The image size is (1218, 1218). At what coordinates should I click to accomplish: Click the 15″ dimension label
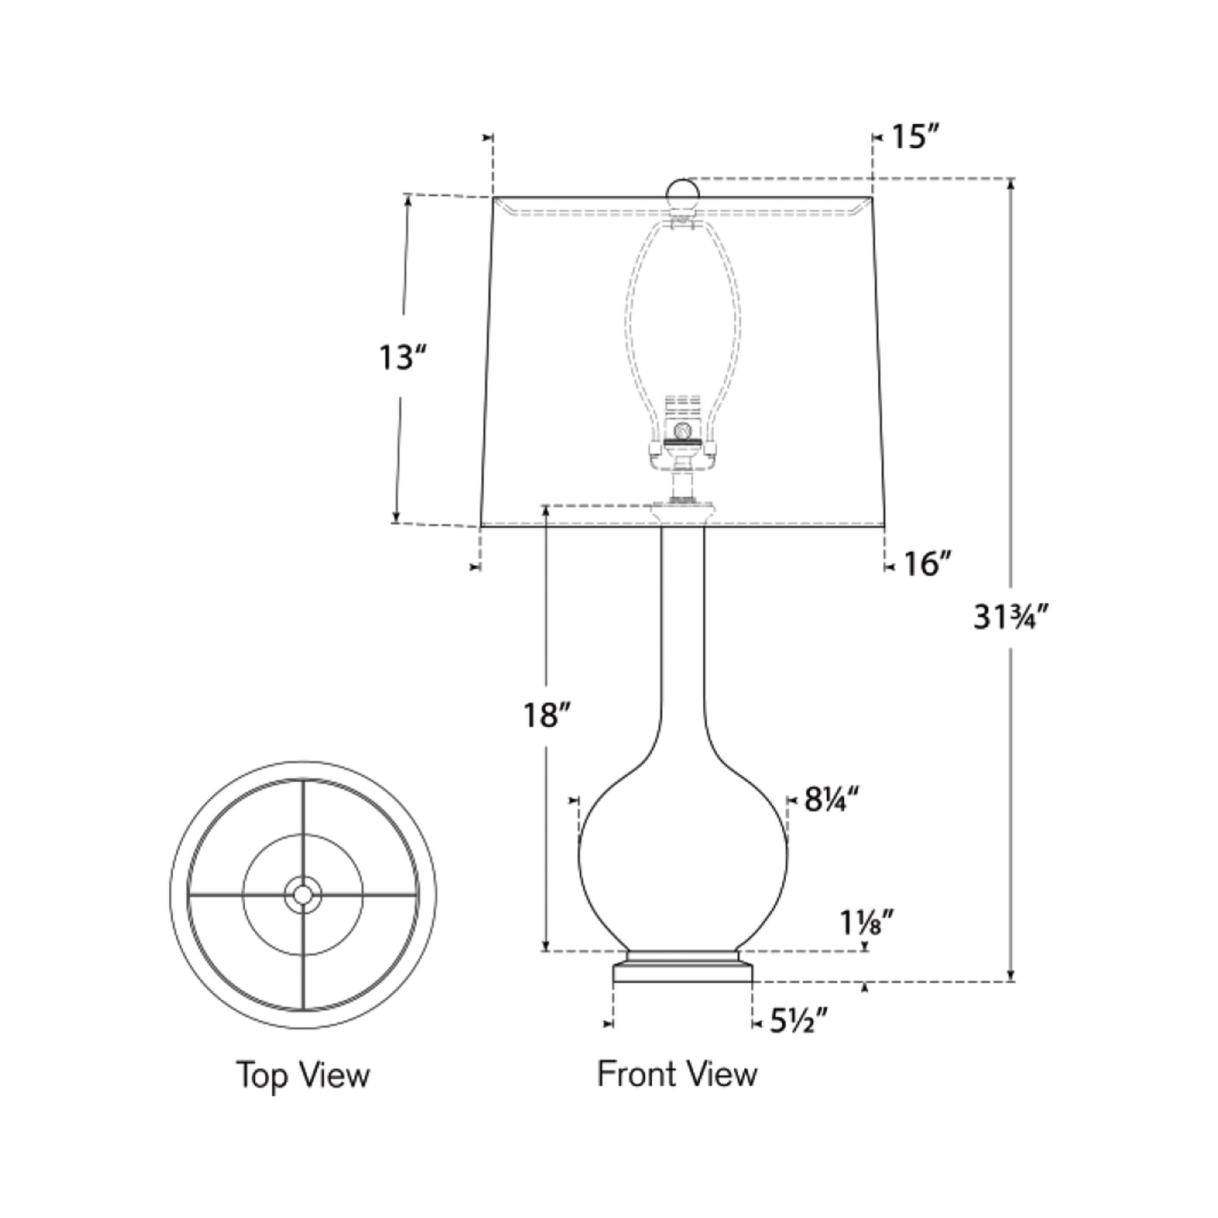point(916,137)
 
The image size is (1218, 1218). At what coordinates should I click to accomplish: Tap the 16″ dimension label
point(926,564)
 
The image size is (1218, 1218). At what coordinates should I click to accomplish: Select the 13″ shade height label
point(402,358)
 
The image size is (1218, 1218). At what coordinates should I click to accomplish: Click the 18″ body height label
point(546,715)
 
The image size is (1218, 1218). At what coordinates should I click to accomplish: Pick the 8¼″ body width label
point(832,800)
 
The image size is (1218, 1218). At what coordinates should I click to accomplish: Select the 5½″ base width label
point(797,1021)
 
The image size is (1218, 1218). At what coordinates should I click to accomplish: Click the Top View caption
point(303,1074)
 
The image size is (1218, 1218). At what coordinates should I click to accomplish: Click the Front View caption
point(677,1073)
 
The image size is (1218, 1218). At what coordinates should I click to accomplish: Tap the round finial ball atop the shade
point(683,192)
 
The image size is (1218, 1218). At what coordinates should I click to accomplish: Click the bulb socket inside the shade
point(682,435)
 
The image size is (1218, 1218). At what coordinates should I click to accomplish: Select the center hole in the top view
point(302,894)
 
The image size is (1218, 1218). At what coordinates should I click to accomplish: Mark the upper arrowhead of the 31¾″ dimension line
point(1011,183)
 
